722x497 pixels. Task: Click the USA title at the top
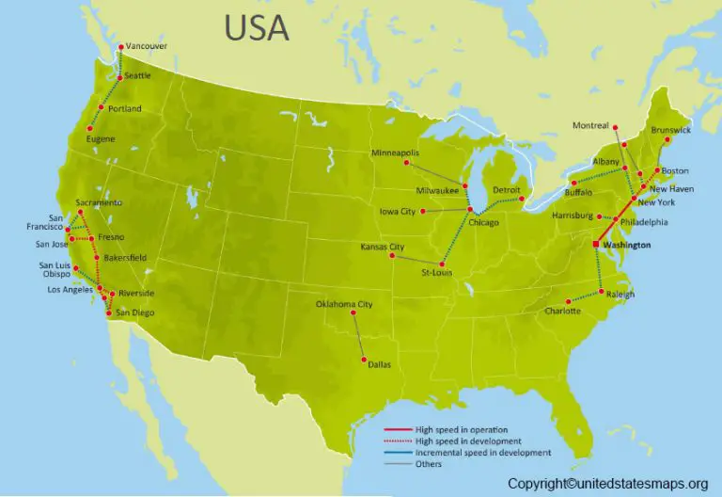click(x=256, y=27)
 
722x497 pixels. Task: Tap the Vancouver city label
click(x=146, y=45)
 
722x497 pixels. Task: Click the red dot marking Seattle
click(x=119, y=77)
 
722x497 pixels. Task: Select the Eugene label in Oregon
click(x=101, y=139)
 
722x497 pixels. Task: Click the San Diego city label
click(x=134, y=313)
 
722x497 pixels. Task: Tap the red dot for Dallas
click(x=362, y=359)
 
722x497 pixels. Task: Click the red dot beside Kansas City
click(x=392, y=255)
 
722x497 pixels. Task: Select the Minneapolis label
click(x=395, y=152)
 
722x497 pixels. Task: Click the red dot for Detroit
click(x=522, y=198)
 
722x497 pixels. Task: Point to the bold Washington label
click(x=627, y=245)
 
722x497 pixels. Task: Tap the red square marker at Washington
click(x=595, y=245)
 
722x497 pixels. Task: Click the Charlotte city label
click(x=562, y=311)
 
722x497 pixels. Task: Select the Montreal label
click(x=591, y=126)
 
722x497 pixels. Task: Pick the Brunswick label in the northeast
click(x=670, y=130)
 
